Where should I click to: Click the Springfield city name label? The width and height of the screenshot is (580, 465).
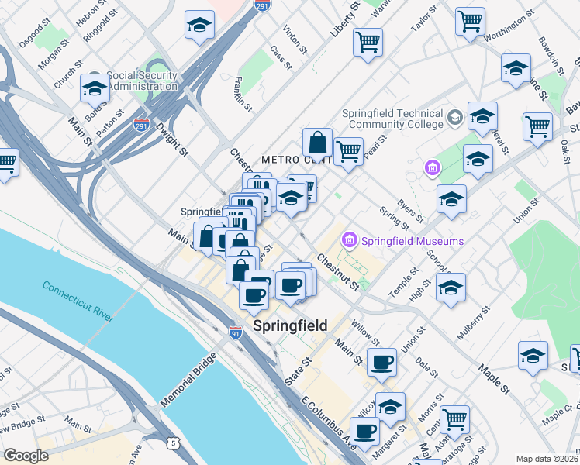point(292,325)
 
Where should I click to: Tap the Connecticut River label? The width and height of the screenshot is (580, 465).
point(78,301)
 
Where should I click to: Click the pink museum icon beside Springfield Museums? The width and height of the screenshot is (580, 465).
point(350,241)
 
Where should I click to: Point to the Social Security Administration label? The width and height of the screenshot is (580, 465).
point(142,81)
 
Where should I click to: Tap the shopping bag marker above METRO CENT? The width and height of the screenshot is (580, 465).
point(317,143)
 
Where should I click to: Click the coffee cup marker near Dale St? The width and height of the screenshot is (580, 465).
point(381,362)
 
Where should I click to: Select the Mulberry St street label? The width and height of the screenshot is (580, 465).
point(475,323)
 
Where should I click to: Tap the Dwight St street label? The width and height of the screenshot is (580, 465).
point(172,136)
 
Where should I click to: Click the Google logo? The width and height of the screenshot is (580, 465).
point(26,456)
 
